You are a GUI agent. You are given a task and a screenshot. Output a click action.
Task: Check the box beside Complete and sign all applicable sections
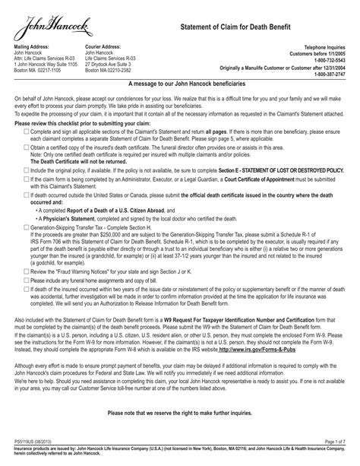tap(27, 132)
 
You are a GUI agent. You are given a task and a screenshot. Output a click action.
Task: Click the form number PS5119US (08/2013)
tap(32, 441)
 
